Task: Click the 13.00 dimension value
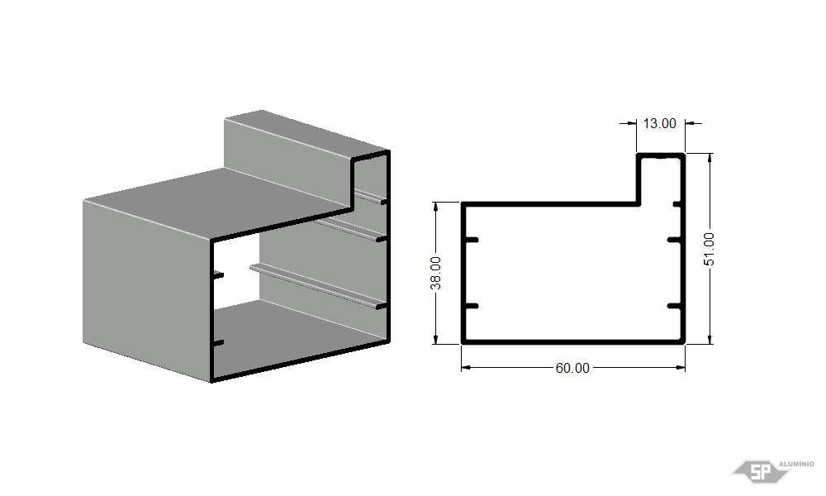(x=659, y=123)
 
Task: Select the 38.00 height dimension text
(x=435, y=273)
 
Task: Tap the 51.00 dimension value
(x=709, y=249)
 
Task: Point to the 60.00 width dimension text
(x=572, y=368)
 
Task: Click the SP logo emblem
(x=761, y=471)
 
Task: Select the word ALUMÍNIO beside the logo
(x=796, y=464)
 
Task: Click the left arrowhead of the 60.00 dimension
(x=466, y=367)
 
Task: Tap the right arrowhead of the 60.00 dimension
(x=680, y=367)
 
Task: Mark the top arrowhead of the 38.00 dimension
(x=435, y=207)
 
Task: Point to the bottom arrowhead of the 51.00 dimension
(x=710, y=339)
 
